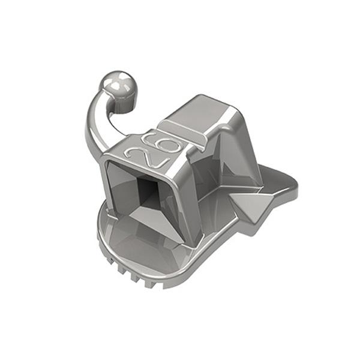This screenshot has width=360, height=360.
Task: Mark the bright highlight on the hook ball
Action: pos(110,81)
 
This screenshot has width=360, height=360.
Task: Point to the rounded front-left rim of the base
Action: pos(105,231)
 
